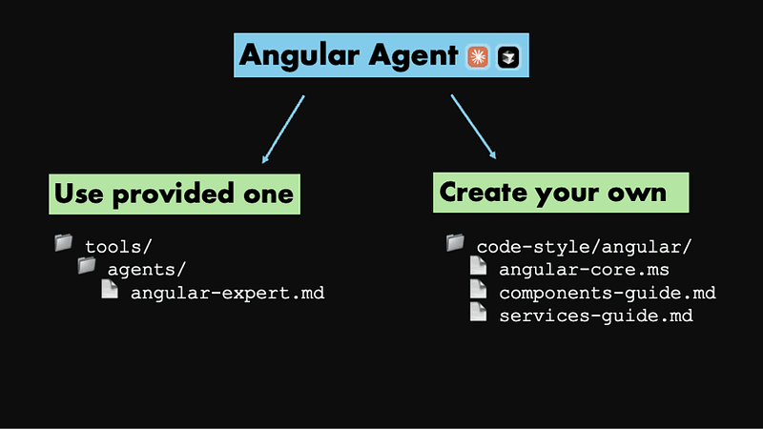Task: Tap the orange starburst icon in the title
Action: (478, 57)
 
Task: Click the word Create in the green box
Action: (480, 192)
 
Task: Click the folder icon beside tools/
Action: (64, 244)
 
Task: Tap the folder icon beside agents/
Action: (87, 266)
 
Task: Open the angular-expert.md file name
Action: (228, 293)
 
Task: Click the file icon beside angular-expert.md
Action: (110, 290)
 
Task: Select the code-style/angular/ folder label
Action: (584, 247)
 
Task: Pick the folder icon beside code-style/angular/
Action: (455, 243)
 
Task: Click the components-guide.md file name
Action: (608, 293)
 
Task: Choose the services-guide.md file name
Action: (596, 316)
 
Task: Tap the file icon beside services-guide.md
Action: (478, 312)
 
